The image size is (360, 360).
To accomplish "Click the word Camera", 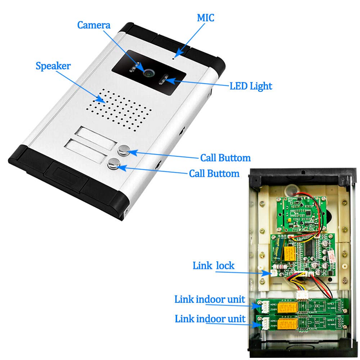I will click(94, 26).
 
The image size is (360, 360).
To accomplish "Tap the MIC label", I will click(205, 18).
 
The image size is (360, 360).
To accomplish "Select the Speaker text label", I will click(53, 66).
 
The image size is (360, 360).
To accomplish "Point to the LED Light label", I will click(251, 86).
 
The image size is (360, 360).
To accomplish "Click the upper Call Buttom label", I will click(225, 158).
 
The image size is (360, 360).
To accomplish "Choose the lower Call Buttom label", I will click(214, 174).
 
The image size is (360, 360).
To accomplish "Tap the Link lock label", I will click(213, 266).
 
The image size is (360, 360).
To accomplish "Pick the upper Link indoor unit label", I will click(210, 300).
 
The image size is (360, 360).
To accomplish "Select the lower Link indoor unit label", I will click(210, 319).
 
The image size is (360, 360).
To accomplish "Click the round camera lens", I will click(148, 72).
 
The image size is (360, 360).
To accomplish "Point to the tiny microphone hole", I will click(174, 57).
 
